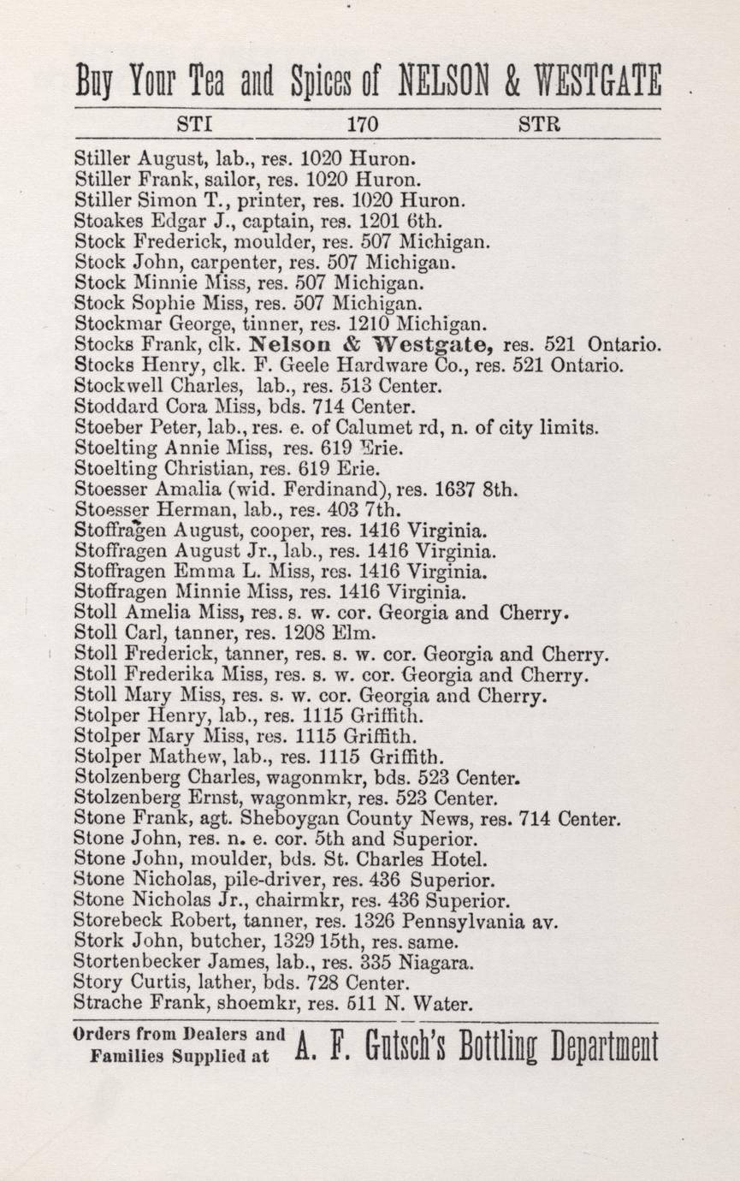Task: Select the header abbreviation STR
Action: point(540,124)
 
